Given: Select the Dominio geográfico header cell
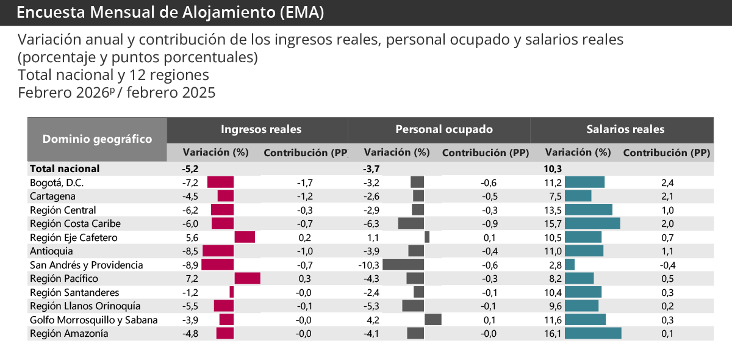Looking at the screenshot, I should tap(97, 139).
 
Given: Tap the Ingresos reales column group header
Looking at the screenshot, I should tap(260, 129).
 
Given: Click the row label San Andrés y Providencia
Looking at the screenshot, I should tap(86, 265).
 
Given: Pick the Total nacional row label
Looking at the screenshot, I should tap(65, 168).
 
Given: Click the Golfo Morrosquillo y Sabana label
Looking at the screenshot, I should tap(93, 320).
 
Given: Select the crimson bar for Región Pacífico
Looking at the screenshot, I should tap(247, 278).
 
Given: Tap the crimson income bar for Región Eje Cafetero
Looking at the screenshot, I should tap(244, 237).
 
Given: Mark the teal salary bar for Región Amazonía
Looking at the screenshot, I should tap(593, 333).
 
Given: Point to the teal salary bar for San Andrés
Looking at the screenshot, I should tap(570, 265).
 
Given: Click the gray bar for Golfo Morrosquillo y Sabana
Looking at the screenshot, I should tap(432, 320).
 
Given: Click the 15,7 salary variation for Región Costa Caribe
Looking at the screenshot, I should tap(553, 224).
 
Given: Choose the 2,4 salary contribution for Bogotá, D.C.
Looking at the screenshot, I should tap(667, 182).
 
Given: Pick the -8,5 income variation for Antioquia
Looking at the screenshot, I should tap(190, 251).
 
